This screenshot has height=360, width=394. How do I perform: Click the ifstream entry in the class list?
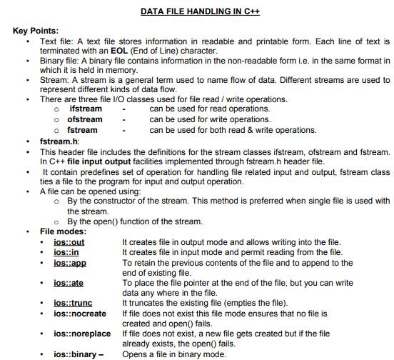(86, 109)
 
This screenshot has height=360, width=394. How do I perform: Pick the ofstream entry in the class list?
(85, 119)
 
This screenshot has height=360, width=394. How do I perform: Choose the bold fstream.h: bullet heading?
(61, 141)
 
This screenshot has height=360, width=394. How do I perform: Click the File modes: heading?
(63, 231)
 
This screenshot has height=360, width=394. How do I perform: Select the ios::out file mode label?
(69, 242)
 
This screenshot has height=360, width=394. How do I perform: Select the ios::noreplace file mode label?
(82, 334)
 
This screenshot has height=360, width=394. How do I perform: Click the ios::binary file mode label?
(76, 354)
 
